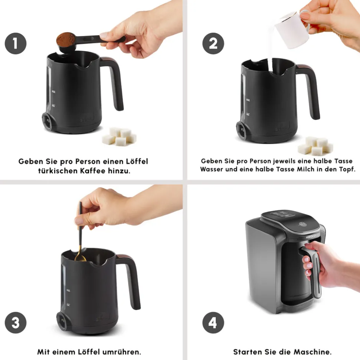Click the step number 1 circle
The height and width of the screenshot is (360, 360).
click(16, 43)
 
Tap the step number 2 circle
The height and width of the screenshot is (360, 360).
click(213, 43)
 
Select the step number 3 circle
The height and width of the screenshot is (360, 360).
click(16, 323)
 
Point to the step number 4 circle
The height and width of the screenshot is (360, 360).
click(213, 323)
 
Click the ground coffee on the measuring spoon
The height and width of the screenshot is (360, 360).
click(66, 39)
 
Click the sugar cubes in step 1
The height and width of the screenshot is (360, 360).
click(119, 136)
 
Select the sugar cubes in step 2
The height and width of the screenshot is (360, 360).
click(315, 146)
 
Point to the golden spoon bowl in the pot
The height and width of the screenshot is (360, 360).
click(80, 258)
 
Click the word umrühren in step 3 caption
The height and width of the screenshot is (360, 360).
click(122, 352)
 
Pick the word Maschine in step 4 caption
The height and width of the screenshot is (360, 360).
click(312, 352)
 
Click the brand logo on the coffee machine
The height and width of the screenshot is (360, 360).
click(311, 237)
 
